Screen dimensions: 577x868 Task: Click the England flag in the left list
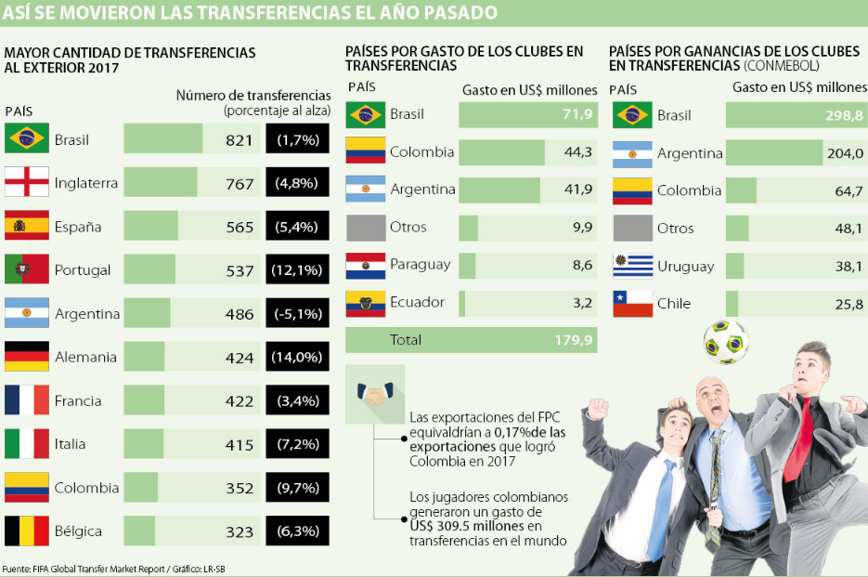(x=27, y=182)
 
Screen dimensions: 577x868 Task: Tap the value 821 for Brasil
(x=239, y=140)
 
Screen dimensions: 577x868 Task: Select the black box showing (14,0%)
(x=297, y=357)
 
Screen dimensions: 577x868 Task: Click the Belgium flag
(x=27, y=531)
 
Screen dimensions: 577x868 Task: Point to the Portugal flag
(x=27, y=269)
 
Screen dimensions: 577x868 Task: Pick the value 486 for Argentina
(x=239, y=314)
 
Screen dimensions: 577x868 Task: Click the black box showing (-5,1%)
(x=297, y=314)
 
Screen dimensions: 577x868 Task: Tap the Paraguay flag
(x=365, y=265)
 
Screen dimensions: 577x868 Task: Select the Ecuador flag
(x=365, y=303)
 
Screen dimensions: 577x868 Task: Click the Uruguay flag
(x=632, y=266)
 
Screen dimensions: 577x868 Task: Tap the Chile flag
(x=632, y=304)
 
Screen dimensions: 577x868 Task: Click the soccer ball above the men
(x=725, y=341)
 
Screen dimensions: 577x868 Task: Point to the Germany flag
(x=27, y=357)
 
